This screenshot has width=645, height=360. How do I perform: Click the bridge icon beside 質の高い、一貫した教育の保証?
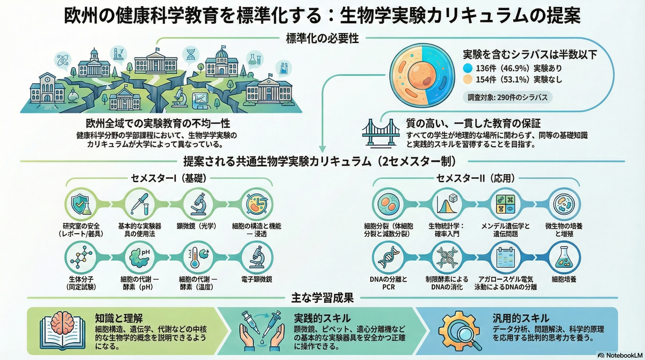click(x=381, y=133)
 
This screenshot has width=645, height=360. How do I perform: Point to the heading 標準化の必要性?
click(x=322, y=39)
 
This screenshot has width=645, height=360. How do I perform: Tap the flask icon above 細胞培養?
click(x=564, y=257)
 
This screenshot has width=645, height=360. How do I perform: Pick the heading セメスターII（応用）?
click(x=476, y=178)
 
